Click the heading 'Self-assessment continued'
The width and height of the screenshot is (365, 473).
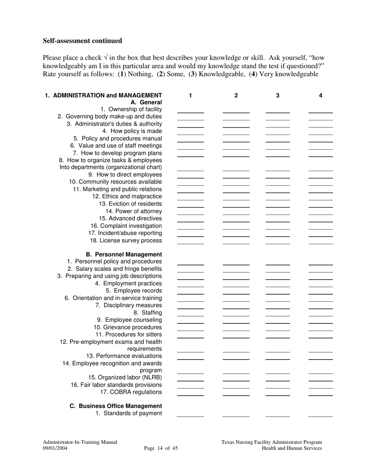(82, 41)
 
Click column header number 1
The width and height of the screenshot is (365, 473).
(190, 95)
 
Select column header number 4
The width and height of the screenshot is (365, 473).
(320, 95)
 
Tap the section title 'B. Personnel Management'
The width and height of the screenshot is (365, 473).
(124, 255)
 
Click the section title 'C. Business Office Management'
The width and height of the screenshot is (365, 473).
(116, 406)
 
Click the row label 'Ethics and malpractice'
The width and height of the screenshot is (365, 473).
(127, 197)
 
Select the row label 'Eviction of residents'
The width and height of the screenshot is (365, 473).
(130, 204)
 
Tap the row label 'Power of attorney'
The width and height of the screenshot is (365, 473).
(134, 211)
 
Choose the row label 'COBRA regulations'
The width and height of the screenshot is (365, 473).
(131, 392)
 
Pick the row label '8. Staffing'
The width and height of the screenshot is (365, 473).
(148, 313)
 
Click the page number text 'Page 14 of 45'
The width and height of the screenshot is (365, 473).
(161, 448)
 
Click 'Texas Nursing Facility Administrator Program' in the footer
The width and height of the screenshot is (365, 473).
(272, 442)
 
